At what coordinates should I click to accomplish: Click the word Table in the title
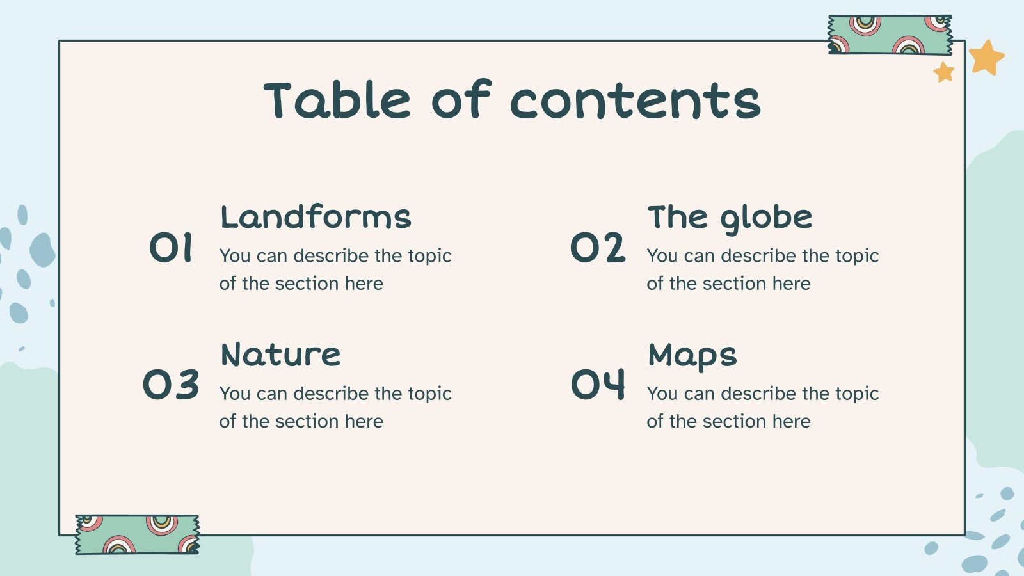point(337,100)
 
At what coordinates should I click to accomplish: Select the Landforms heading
point(316,217)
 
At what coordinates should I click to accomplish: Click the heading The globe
point(730,218)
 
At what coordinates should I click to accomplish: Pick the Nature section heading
point(280,355)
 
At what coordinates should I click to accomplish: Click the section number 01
point(171,248)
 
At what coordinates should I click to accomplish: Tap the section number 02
point(598,248)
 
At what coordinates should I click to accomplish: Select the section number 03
point(171,385)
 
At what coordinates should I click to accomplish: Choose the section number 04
point(598,385)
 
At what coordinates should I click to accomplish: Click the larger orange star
point(986,58)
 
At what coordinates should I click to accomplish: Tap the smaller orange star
point(944,72)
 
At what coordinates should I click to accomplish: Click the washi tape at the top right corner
point(890,35)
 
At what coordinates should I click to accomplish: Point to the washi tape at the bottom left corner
point(137,534)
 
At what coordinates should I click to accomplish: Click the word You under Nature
point(234,394)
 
